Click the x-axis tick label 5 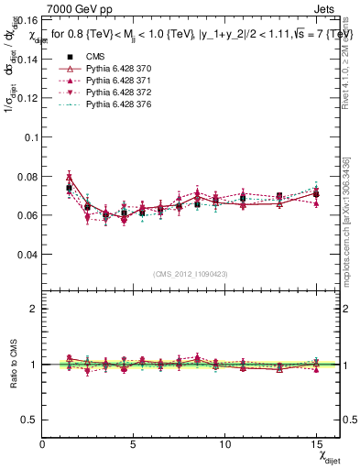[x=134, y=444]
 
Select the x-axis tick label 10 [x=224, y=444]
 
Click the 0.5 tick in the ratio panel [x=30, y=420]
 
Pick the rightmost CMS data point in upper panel [x=316, y=194]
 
